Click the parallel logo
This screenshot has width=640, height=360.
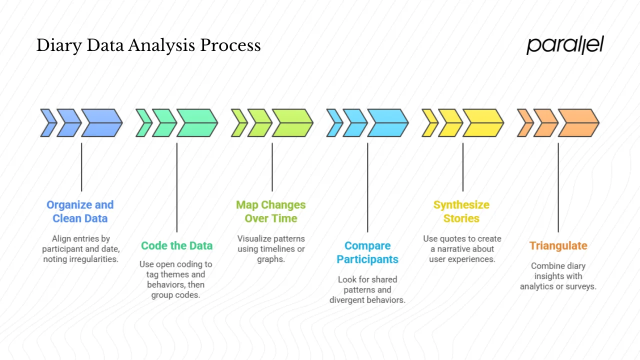(x=565, y=45)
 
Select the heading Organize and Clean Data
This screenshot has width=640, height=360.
(x=80, y=211)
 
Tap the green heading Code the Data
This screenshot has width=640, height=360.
(x=176, y=245)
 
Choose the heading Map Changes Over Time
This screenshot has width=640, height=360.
(x=271, y=211)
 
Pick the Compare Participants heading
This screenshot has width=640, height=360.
(x=367, y=252)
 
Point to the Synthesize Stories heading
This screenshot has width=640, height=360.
(x=461, y=211)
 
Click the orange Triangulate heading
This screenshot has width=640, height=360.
(x=558, y=245)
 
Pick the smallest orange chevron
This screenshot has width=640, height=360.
(x=524, y=123)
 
